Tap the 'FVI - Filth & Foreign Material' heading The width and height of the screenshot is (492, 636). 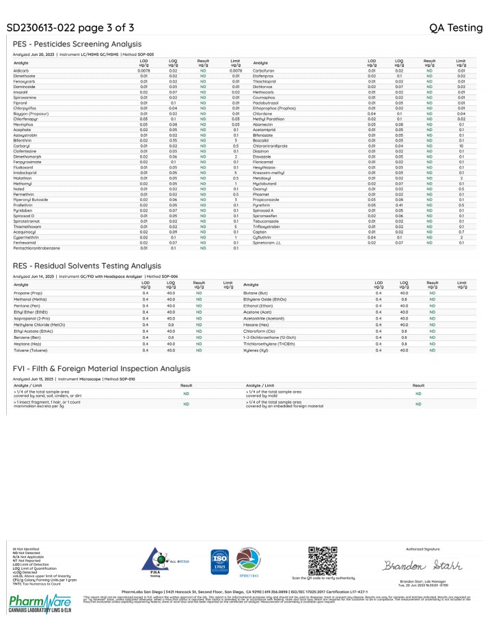point(101,368)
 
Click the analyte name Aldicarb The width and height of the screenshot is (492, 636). point(21,70)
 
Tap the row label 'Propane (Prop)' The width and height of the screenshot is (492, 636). point(29,293)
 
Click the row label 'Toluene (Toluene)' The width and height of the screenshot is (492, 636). point(31,350)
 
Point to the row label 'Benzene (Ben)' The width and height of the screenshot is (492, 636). point(27,337)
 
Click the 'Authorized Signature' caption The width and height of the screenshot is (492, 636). point(423,548)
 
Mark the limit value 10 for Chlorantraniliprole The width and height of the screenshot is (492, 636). point(461,146)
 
